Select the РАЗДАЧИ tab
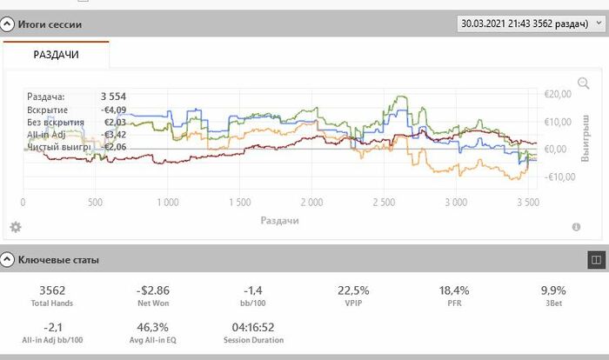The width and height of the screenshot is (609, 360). pyautogui.click(x=56, y=55)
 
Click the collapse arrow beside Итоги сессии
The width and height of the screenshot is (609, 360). pyautogui.click(x=7, y=24)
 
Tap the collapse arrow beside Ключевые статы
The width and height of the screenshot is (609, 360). pyautogui.click(x=7, y=259)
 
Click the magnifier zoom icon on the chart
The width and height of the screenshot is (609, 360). pyautogui.click(x=583, y=84)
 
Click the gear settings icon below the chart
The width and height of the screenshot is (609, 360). pyautogui.click(x=15, y=227)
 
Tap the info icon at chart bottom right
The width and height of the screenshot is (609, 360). pyautogui.click(x=576, y=227)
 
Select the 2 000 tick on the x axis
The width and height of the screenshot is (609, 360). pyautogui.click(x=311, y=203)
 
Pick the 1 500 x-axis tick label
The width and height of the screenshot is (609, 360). pyautogui.click(x=239, y=203)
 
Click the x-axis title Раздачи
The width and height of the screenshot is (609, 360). pyautogui.click(x=279, y=220)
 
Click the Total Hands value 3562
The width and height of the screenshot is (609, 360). pyautogui.click(x=52, y=290)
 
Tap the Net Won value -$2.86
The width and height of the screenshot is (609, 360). pyautogui.click(x=153, y=290)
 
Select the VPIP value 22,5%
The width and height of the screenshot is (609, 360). pyautogui.click(x=354, y=290)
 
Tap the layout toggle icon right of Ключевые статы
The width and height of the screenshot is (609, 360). pyautogui.click(x=595, y=259)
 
